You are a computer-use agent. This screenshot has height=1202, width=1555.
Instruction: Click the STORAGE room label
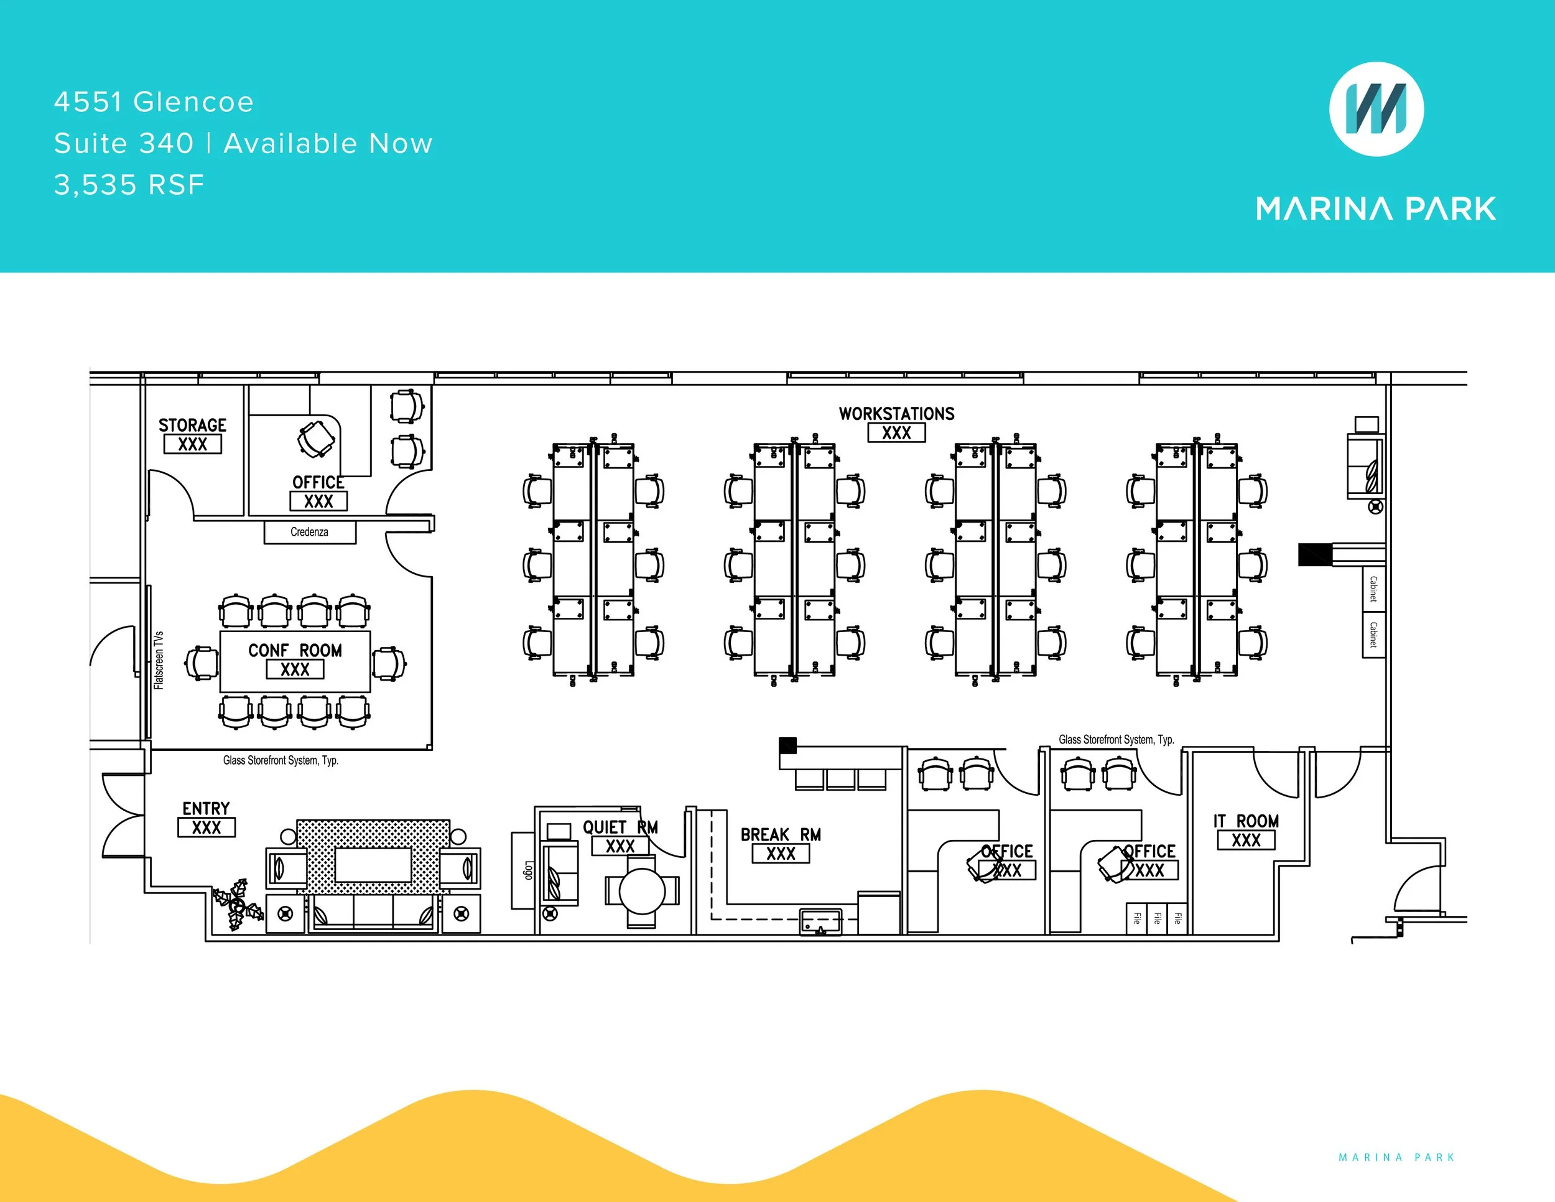(x=192, y=426)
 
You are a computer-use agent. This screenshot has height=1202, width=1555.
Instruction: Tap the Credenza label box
(x=310, y=532)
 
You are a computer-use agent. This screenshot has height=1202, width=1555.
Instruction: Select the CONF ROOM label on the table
(x=295, y=651)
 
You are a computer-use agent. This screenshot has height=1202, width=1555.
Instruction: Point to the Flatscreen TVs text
(x=159, y=660)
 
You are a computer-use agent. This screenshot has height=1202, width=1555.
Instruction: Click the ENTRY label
(x=206, y=809)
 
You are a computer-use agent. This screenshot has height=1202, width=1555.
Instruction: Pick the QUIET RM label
(x=620, y=827)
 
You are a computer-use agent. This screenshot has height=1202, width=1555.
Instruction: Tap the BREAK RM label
(x=781, y=834)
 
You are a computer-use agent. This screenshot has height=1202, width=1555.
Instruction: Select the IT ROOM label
(x=1246, y=821)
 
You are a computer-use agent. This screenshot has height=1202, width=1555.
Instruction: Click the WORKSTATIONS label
(x=896, y=414)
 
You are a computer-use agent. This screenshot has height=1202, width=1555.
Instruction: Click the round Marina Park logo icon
(x=1376, y=109)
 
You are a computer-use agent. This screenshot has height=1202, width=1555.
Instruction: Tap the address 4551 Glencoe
(x=154, y=102)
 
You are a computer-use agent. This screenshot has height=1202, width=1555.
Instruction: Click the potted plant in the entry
(x=236, y=905)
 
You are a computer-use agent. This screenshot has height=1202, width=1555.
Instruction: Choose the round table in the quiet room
(x=641, y=891)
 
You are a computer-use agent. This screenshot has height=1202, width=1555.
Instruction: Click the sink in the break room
(x=820, y=922)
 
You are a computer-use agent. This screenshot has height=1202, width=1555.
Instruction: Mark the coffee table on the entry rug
(x=373, y=865)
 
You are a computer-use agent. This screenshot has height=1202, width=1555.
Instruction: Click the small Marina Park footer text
(x=1396, y=1157)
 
